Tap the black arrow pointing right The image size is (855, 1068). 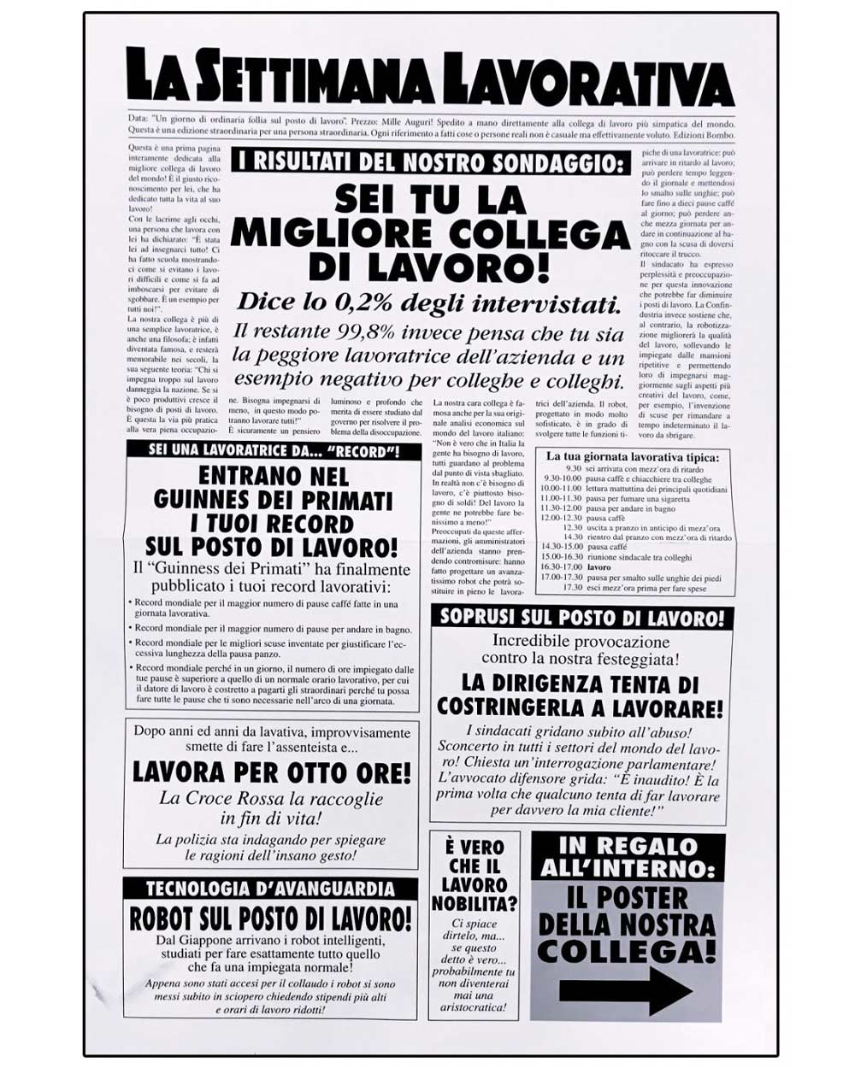click(x=625, y=990)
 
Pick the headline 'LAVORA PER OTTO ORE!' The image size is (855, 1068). click(x=272, y=773)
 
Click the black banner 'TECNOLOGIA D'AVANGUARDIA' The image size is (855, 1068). click(x=270, y=889)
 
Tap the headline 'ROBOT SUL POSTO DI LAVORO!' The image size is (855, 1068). click(x=270, y=919)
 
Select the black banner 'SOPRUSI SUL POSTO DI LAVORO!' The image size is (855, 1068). click(x=581, y=617)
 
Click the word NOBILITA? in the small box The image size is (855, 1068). click(x=475, y=903)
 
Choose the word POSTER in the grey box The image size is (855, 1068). click(x=626, y=899)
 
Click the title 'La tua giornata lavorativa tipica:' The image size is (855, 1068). click(x=633, y=457)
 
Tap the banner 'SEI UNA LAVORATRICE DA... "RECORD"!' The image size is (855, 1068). click(x=274, y=450)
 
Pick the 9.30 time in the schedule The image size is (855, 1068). click(x=573, y=469)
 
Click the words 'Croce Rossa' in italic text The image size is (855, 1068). click(x=228, y=799)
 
